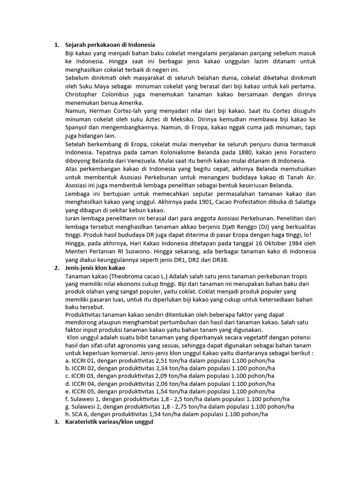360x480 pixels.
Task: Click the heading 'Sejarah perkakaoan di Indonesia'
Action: pos(110,45)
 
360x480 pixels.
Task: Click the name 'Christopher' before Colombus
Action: pos(83,94)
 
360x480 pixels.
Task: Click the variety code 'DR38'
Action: pos(230,259)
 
